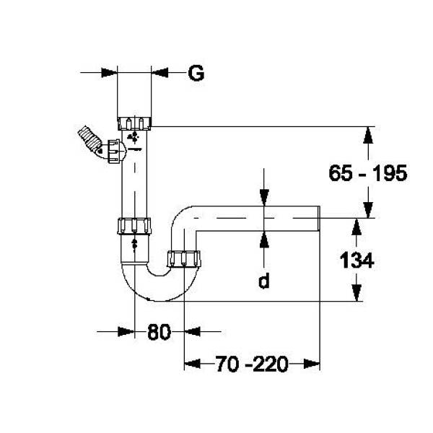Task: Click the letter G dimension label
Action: pyautogui.click(x=196, y=73)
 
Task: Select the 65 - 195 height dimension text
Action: pyautogui.click(x=368, y=173)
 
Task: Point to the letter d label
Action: pyautogui.click(x=264, y=281)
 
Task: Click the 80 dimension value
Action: pyautogui.click(x=159, y=332)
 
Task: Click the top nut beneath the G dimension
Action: pyautogui.click(x=134, y=121)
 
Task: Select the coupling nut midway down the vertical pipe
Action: pyautogui.click(x=134, y=225)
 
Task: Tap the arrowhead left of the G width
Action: pyautogui.click(x=109, y=72)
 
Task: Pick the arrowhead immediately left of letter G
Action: pyautogui.click(x=159, y=72)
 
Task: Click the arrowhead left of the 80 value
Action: pyautogui.click(x=126, y=331)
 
